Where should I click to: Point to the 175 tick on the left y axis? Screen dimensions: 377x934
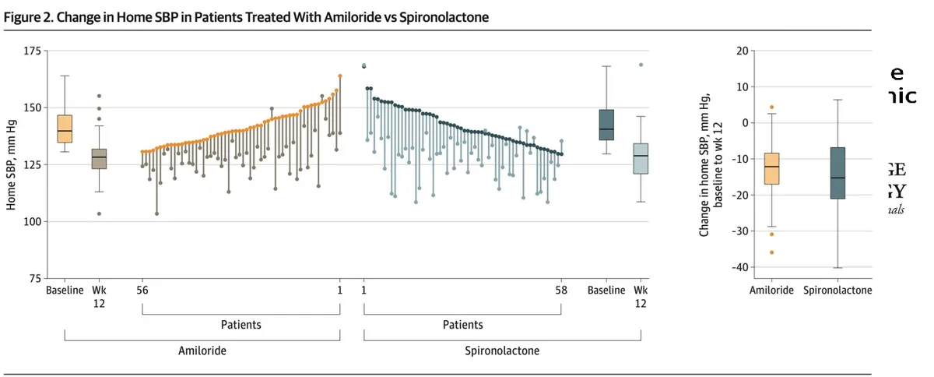33,51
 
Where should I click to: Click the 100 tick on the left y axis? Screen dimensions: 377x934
33,222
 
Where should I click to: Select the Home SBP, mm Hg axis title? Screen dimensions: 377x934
12,165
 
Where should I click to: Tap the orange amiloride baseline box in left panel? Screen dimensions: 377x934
65,129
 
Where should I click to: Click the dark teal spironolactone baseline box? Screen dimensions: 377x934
606,125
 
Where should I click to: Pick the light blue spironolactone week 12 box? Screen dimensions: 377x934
641,159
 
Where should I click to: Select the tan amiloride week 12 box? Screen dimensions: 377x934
99,159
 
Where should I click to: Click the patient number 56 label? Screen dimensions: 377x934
143,291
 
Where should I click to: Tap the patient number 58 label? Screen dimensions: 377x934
561,291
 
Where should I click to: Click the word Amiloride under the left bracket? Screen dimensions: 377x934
202,351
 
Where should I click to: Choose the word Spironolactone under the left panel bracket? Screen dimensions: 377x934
502,351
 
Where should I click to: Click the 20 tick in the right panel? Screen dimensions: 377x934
742,51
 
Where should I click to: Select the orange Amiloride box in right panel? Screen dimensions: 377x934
771,168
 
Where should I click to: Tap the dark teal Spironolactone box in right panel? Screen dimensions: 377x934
837,173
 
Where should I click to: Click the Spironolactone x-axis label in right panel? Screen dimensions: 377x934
837,291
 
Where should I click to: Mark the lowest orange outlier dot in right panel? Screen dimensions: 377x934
771,252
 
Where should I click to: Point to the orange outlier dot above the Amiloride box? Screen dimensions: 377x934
771,107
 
